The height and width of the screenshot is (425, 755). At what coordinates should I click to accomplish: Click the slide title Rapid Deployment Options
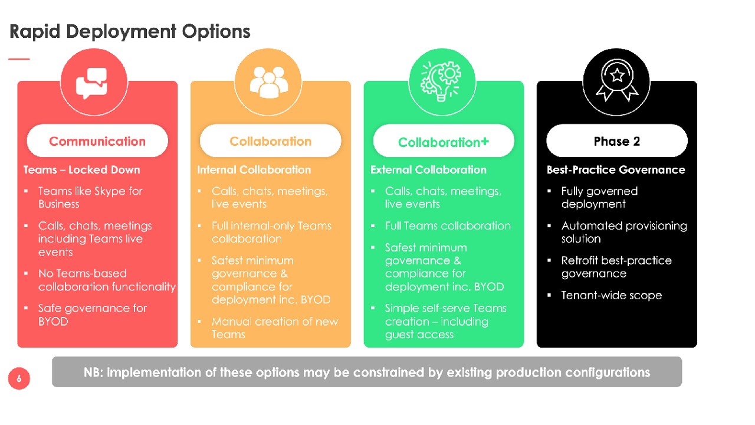pos(130,32)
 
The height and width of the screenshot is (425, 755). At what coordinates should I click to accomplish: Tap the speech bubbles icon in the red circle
pos(91,83)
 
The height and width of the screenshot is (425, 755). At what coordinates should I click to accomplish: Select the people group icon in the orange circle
pos(268,82)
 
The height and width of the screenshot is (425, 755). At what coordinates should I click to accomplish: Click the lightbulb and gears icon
pos(441,81)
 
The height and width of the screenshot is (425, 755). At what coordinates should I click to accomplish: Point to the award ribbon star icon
pos(617,80)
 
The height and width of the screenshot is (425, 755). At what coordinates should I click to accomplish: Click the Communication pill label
pos(97,141)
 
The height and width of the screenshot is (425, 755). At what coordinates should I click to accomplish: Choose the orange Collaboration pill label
pos(270,141)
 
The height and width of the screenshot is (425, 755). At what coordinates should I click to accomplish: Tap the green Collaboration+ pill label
pos(444,141)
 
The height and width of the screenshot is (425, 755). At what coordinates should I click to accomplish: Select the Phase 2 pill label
pos(617,141)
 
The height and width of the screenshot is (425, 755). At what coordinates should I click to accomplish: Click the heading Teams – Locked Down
pos(81,169)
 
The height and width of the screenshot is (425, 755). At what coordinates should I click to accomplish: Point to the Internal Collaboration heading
pos(254,169)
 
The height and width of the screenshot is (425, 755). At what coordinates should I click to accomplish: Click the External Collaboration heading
pos(428,169)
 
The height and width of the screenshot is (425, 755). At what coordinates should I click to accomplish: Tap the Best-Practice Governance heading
pos(616,169)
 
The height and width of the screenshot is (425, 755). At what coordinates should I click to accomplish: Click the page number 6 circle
pos(19,378)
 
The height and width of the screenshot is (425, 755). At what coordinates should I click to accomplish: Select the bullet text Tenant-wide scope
pos(612,296)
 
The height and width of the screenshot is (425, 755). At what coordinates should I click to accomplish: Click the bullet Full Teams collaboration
pos(448,225)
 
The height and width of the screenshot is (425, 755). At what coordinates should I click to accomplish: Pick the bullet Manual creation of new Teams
pos(275,328)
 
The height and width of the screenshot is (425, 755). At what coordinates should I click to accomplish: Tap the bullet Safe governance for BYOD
pos(93,315)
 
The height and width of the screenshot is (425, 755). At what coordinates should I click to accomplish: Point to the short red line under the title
pos(19,59)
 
